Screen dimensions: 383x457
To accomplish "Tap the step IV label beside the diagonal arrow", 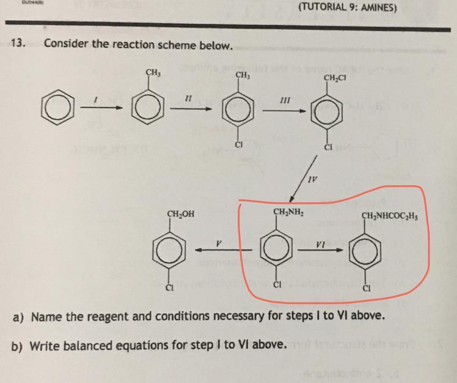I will (312, 180).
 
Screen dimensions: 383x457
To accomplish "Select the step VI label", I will (320, 244).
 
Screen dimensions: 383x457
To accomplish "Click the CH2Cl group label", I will (335, 77).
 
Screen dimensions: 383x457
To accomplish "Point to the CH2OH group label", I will (181, 214).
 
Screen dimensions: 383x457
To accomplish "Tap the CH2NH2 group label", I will (290, 212).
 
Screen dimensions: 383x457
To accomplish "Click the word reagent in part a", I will (103, 317).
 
